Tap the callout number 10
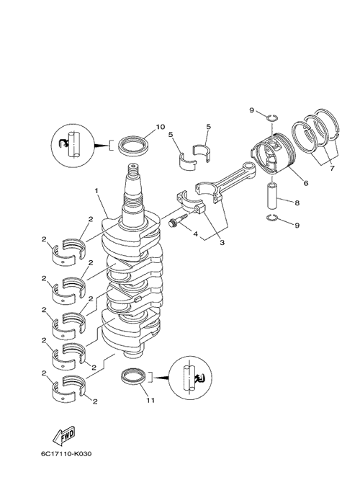(x=160, y=127)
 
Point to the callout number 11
(x=150, y=400)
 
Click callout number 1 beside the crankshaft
(x=96, y=190)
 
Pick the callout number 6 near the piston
(x=305, y=183)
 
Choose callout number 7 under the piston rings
(x=332, y=169)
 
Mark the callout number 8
(x=297, y=203)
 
